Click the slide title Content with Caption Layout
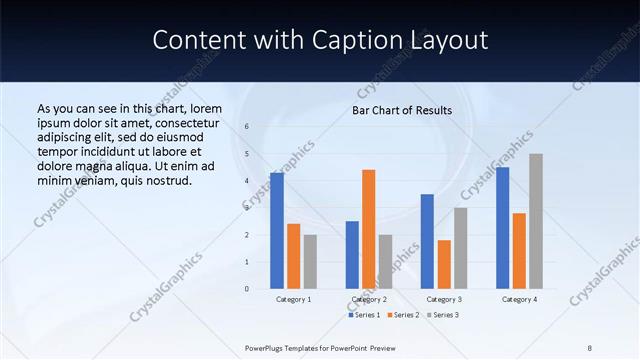(x=320, y=40)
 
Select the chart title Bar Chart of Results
(x=402, y=110)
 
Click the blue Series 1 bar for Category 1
(x=277, y=231)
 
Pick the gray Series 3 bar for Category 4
(x=536, y=221)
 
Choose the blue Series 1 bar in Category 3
(x=427, y=241)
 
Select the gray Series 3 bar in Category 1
(x=310, y=261)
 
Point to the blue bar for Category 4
(x=502, y=228)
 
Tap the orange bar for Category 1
(x=293, y=256)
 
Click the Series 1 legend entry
(x=364, y=315)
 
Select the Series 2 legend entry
(x=402, y=315)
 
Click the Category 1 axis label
(x=293, y=299)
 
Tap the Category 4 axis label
(x=519, y=299)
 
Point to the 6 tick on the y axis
(x=247, y=127)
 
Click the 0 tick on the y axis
(x=247, y=289)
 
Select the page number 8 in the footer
(x=590, y=347)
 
